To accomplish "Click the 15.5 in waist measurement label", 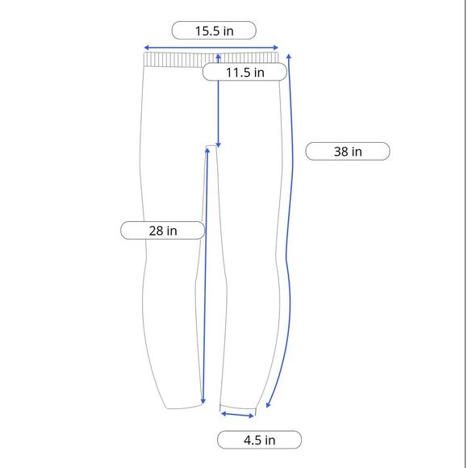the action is point(214,31).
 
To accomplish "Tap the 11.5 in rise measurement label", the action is point(244,72).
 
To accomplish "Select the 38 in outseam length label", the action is point(348,152).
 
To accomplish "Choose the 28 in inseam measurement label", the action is point(163,231).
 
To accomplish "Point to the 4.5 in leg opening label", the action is point(259,440).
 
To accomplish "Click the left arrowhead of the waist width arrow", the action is point(146,48).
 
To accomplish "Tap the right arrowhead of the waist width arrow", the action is point(276,48).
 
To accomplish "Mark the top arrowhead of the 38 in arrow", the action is point(289,56).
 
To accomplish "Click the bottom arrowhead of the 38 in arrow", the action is point(267,406).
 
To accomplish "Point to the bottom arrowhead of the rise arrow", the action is point(218,146).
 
